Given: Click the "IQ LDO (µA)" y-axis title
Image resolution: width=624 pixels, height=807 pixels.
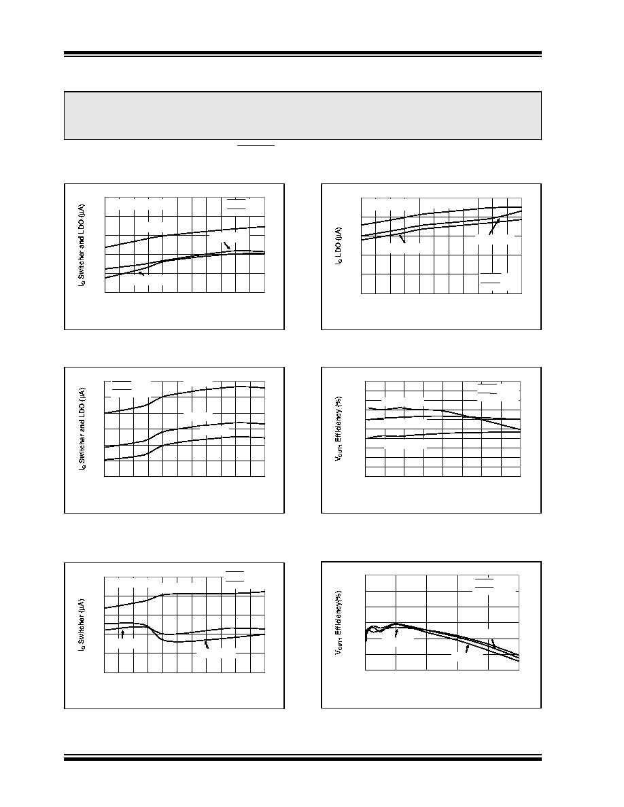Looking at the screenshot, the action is pos(339,247).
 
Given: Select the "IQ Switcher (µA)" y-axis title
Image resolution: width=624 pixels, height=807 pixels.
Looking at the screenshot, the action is pos(82,624).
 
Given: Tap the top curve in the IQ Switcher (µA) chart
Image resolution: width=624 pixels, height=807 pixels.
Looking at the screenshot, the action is pos(184,595).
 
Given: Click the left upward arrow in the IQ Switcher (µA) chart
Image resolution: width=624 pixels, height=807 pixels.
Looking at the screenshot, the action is pos(122,634).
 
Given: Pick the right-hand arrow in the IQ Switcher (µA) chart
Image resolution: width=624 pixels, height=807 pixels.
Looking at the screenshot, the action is pos(207,644).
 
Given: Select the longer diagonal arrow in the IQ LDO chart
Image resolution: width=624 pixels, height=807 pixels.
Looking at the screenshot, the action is pos(494,226).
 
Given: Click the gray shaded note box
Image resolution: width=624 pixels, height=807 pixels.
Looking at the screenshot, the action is pos(302,115).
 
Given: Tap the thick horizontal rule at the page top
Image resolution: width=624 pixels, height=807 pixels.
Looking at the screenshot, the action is pos(302,53).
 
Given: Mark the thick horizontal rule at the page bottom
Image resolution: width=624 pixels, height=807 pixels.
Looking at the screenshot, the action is pos(302,758).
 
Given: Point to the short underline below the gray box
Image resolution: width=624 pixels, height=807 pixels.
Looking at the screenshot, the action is pos(256,145).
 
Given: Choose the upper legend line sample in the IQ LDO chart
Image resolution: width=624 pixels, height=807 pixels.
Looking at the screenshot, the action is pos(491,273).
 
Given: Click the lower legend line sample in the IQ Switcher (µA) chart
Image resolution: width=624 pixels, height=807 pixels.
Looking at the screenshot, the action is pos(235,581).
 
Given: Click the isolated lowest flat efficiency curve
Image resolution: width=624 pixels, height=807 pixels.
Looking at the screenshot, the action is pos(443,435).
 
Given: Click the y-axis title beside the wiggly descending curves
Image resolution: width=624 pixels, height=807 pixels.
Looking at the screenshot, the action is pos(339,623).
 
